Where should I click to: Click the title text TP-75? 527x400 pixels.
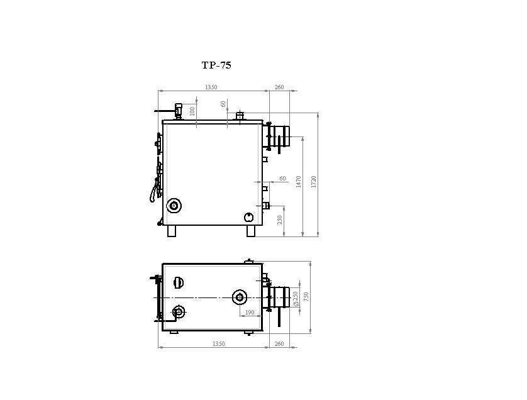pyautogui.click(x=216, y=65)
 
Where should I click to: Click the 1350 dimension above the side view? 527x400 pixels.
pyautogui.click(x=211, y=87)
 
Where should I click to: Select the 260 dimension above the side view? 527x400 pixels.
pyautogui.click(x=279, y=87)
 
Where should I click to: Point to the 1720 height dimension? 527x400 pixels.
pyautogui.click(x=314, y=182)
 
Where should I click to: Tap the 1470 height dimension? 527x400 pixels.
pyautogui.click(x=299, y=182)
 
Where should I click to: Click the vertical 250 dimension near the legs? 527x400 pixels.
pyautogui.click(x=280, y=220)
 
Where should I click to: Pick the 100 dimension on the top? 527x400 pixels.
pyautogui.click(x=192, y=111)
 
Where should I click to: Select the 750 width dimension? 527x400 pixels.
pyautogui.click(x=306, y=296)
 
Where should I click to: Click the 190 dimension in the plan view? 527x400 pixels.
pyautogui.click(x=250, y=313)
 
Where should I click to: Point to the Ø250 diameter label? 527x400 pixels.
pyautogui.click(x=296, y=299)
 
